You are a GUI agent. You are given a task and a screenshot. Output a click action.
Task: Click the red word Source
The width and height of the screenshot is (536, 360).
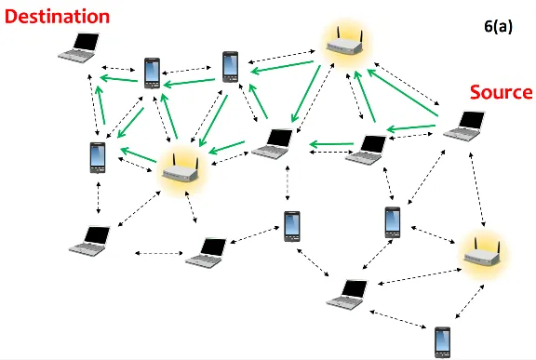click(500, 93)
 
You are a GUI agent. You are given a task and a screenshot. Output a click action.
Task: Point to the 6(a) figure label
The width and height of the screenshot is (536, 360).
click(498, 27)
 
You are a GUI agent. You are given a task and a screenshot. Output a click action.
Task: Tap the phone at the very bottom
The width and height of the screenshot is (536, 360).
click(443, 341)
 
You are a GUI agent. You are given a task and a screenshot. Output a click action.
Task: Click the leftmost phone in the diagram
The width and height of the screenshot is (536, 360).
click(98, 156)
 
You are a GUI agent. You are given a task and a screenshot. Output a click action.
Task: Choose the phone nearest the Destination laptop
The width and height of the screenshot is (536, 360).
click(152, 72)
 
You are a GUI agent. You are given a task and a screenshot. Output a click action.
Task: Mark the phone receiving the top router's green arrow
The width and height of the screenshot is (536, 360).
click(232, 65)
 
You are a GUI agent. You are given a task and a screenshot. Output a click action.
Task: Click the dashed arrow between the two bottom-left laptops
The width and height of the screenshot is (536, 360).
click(159, 252)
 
